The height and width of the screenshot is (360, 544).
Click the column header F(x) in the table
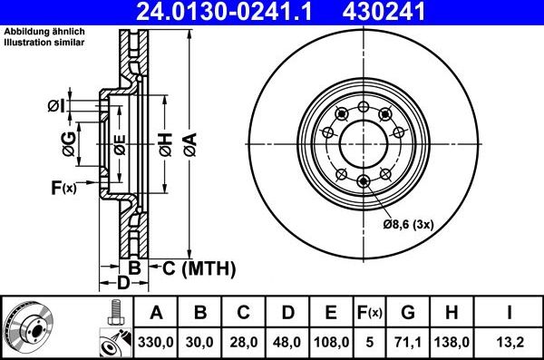click(x=369, y=313)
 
